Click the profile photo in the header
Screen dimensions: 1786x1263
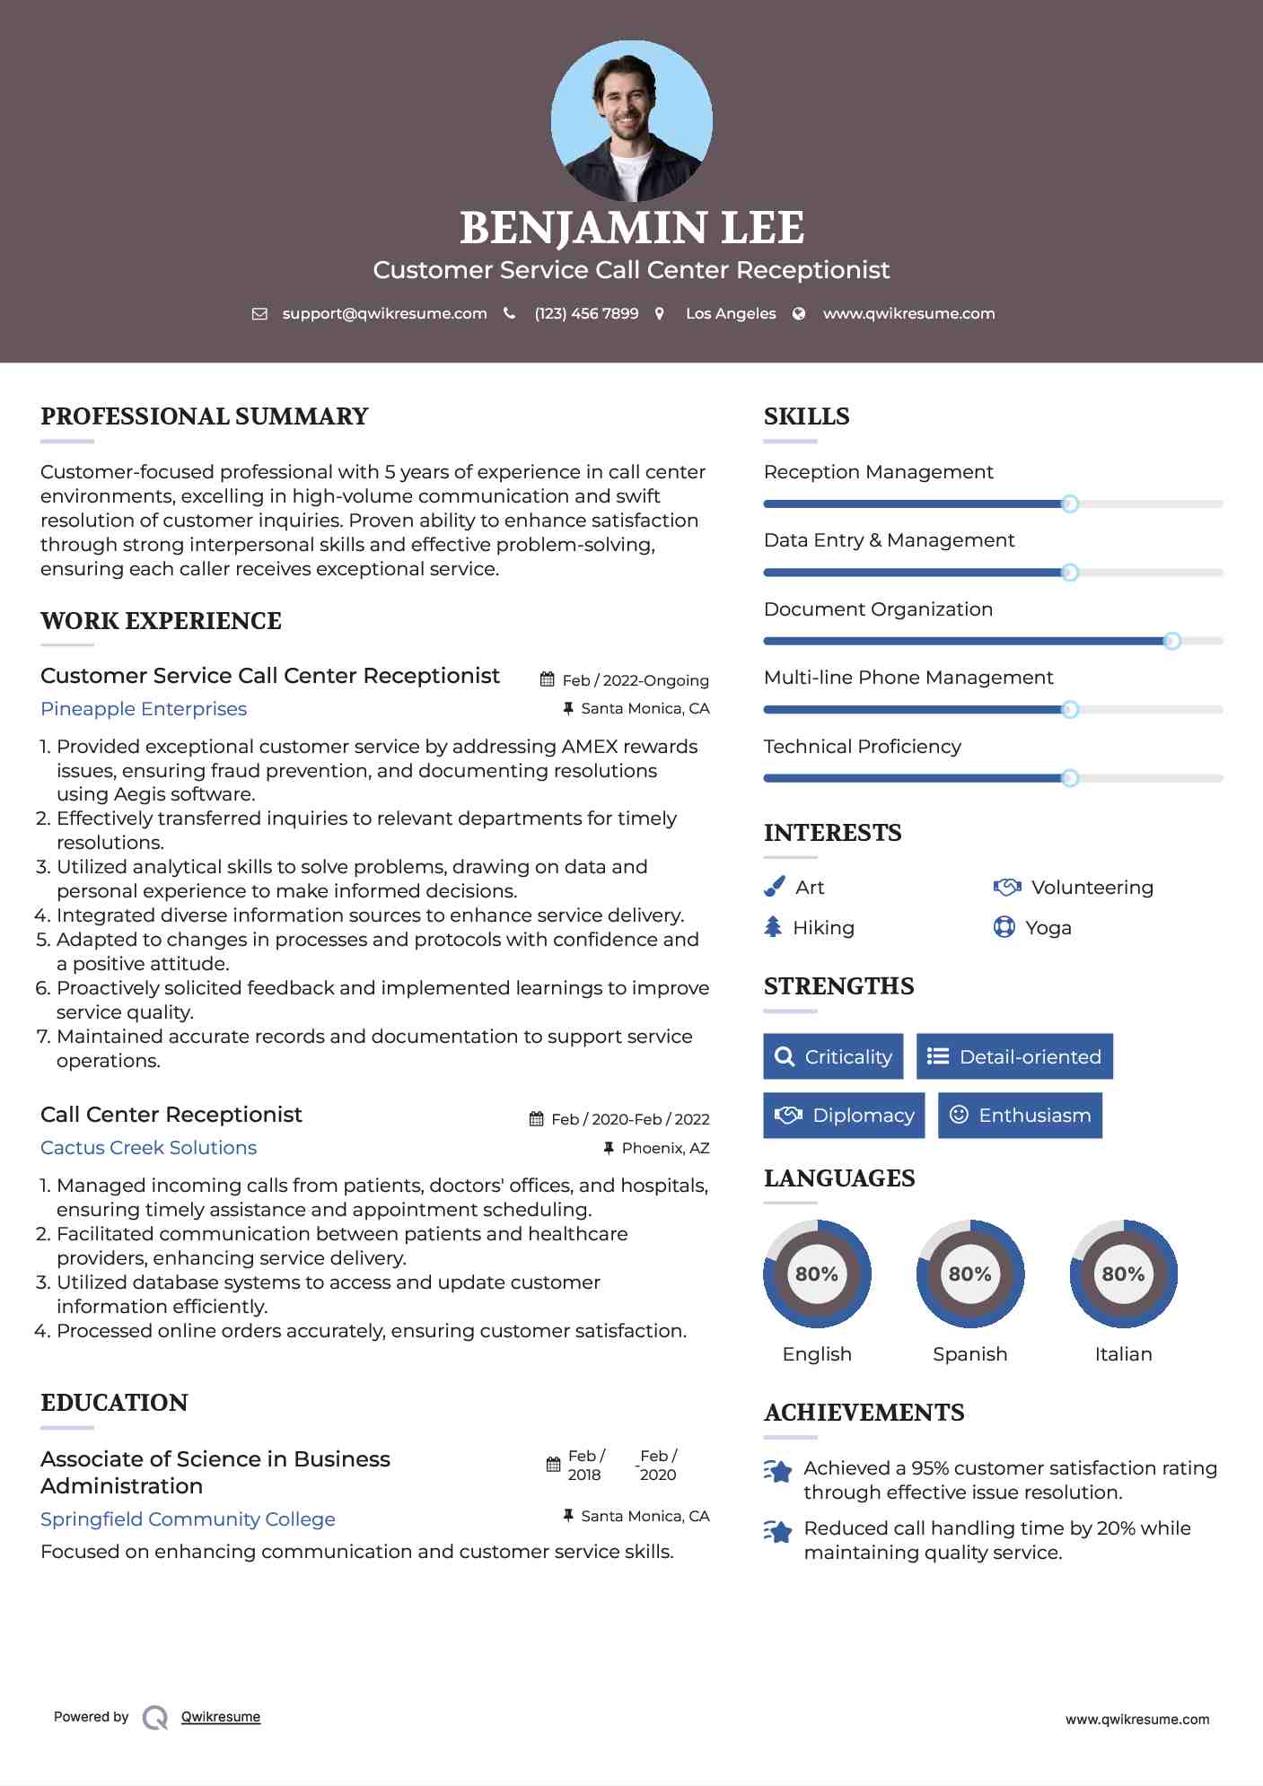pyautogui.click(x=631, y=120)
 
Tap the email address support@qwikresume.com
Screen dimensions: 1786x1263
pyautogui.click(x=384, y=313)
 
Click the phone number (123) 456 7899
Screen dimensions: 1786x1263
pyautogui.click(x=586, y=313)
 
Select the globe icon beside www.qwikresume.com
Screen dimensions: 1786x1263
pyautogui.click(x=799, y=313)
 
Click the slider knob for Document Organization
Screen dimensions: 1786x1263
pyautogui.click(x=1171, y=641)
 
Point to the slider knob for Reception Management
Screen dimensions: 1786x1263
pyautogui.click(x=1069, y=503)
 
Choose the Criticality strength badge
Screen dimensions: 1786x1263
pyautogui.click(x=833, y=1056)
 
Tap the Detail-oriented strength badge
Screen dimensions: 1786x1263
pyautogui.click(x=1014, y=1056)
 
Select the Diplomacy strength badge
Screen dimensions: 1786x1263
pyautogui.click(x=844, y=1116)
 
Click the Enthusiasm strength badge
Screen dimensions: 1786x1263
pyautogui.click(x=1020, y=1116)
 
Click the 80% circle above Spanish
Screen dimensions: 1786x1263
pyautogui.click(x=969, y=1274)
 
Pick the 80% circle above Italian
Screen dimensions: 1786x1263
pyautogui.click(x=1123, y=1274)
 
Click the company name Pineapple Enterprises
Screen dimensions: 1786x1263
pyautogui.click(x=144, y=709)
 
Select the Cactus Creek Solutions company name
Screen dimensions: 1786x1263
pyautogui.click(x=148, y=1148)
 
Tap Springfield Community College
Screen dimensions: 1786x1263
pyautogui.click(x=188, y=1519)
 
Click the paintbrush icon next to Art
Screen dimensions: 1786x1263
pyautogui.click(x=774, y=887)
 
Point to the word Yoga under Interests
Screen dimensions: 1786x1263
pyautogui.click(x=1048, y=928)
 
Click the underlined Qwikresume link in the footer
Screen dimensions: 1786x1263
pyautogui.click(x=221, y=1717)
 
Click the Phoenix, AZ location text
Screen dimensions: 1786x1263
pyautogui.click(x=665, y=1148)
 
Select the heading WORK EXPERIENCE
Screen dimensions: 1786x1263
pyautogui.click(x=161, y=621)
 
